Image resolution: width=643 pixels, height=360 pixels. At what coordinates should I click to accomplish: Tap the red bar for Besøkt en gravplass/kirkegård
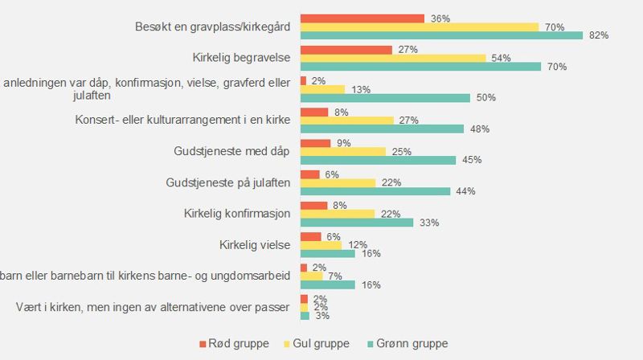coord(362,18)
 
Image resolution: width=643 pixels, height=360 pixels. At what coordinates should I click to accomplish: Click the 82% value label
coord(598,35)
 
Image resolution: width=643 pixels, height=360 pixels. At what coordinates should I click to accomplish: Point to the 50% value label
coord(485,98)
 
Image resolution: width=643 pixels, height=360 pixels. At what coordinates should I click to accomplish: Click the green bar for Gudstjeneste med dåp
coord(378,160)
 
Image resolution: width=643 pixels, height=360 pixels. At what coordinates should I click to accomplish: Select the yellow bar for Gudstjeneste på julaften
coord(337,182)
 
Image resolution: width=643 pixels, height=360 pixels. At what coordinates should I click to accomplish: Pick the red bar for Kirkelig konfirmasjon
coord(313,205)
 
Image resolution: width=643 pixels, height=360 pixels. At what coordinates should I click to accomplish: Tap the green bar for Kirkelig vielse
coord(327,254)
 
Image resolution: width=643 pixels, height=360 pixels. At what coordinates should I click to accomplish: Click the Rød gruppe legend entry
coord(233,344)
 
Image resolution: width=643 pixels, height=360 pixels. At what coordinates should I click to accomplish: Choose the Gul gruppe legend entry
coord(319,344)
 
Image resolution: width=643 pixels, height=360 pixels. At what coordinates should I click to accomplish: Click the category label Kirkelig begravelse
coord(242,58)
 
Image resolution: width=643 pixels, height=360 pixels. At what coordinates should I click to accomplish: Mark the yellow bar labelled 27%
coord(346,121)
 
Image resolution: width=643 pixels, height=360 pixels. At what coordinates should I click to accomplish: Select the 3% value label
coord(322,316)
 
